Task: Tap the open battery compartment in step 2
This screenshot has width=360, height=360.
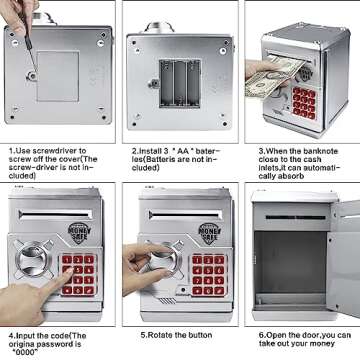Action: pyautogui.click(x=180, y=83)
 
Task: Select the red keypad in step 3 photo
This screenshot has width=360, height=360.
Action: pyautogui.click(x=304, y=103)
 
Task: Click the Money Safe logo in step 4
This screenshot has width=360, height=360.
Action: pyautogui.click(x=79, y=232)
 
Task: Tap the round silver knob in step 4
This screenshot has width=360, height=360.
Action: pyautogui.click(x=33, y=259)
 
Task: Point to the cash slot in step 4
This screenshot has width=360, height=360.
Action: pyautogui.click(x=56, y=214)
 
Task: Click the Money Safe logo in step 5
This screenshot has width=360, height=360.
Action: pyautogui.click(x=210, y=233)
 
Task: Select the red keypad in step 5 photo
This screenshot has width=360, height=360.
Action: pyautogui.click(x=209, y=275)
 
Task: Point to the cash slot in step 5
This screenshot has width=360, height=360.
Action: pyautogui.click(x=186, y=214)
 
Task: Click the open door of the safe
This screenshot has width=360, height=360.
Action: pyautogui.click(x=344, y=258)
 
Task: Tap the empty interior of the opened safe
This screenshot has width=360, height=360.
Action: pyautogui.click(x=290, y=263)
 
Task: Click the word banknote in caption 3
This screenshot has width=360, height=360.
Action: pyautogui.click(x=320, y=151)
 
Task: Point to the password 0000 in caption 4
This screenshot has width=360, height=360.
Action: pyautogui.click(x=25, y=352)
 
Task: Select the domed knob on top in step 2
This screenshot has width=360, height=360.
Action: pyautogui.click(x=159, y=27)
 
